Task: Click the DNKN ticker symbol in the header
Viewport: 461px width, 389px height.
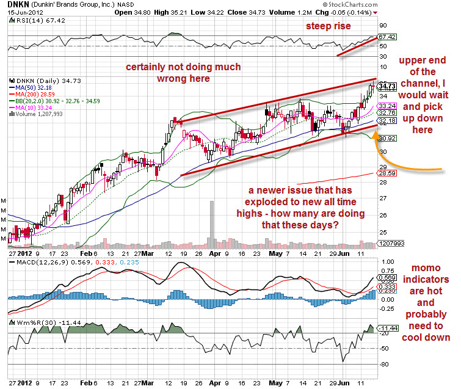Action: click(16, 4)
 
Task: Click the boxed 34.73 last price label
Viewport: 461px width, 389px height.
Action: click(388, 86)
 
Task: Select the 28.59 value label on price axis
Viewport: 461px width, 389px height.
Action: click(387, 174)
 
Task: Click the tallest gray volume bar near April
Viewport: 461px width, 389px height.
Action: click(211, 224)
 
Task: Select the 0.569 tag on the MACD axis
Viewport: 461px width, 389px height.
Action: click(387, 277)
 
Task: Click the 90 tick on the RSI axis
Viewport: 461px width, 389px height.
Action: click(383, 26)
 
